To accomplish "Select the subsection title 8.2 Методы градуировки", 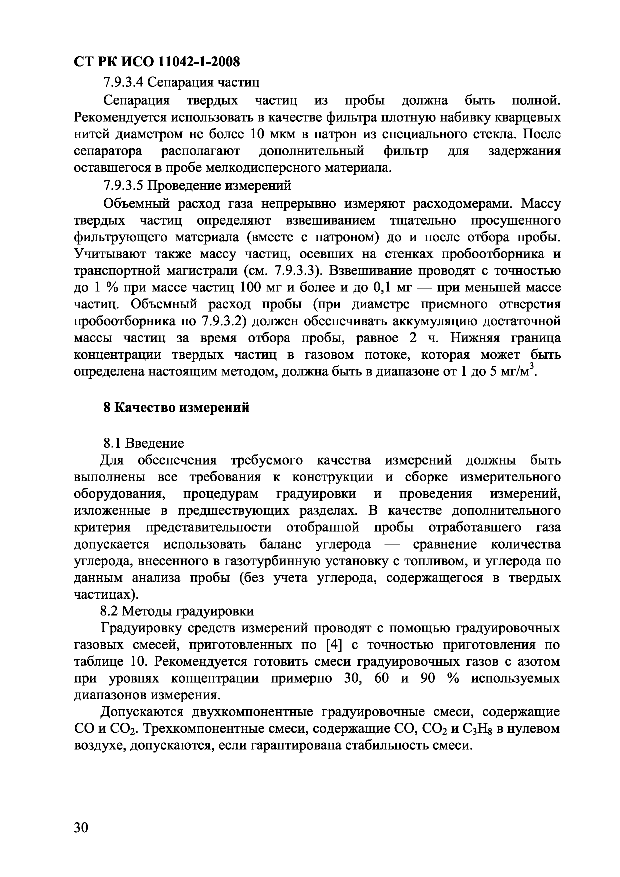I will (177, 611).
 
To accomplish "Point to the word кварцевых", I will (528, 117).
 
